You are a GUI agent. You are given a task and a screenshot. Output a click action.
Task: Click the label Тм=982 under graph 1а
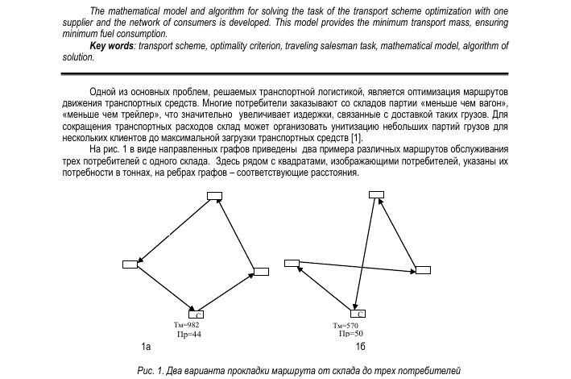click(186, 324)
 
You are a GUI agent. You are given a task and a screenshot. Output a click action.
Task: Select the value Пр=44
click(188, 333)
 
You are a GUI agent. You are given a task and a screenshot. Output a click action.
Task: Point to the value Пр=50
click(351, 333)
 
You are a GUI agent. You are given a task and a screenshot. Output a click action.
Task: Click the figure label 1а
click(144, 347)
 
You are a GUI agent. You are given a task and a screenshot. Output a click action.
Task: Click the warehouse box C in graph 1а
click(196, 314)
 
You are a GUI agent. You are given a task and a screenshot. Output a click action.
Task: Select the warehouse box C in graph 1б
click(358, 313)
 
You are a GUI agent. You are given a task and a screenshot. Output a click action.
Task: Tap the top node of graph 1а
click(214, 195)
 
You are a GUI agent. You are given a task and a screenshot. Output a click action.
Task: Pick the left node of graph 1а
click(130, 264)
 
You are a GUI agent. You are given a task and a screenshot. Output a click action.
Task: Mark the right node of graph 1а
click(261, 271)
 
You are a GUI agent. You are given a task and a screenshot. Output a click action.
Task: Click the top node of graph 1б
click(376, 194)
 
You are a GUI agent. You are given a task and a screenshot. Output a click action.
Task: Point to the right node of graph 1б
click(422, 269)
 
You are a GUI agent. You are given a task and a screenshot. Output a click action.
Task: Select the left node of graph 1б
click(292, 262)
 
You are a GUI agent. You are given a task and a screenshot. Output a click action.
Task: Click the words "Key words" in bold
click(110, 46)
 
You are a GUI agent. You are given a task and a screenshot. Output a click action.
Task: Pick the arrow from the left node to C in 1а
click(163, 288)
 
